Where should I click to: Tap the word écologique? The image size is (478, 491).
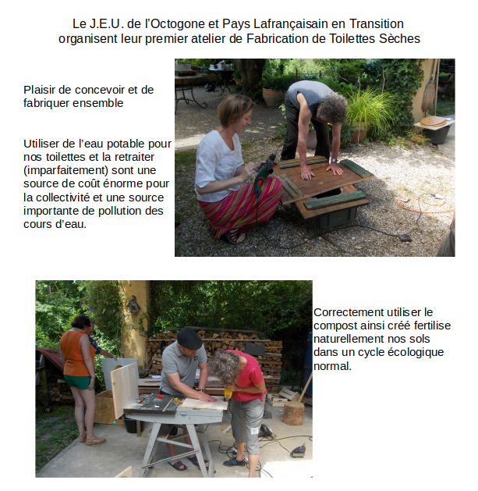click(416, 352)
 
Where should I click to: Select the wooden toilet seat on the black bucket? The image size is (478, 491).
click(433, 122)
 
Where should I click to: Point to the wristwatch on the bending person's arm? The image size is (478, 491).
click(334, 160)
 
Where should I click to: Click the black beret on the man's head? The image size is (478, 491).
click(189, 338)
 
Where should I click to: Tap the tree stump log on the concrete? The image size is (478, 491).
click(293, 413)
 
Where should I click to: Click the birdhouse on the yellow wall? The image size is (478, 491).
click(133, 304)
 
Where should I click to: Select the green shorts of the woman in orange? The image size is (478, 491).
click(79, 382)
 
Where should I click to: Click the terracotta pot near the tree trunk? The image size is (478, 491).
click(273, 97)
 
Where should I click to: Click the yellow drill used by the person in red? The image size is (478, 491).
click(228, 394)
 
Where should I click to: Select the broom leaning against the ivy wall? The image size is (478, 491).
click(429, 91)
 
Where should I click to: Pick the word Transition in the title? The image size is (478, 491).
click(377, 23)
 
